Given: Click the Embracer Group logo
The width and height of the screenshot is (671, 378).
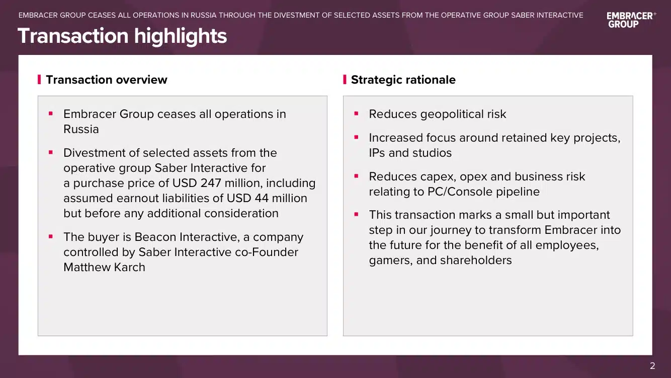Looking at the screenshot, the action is click(631, 20).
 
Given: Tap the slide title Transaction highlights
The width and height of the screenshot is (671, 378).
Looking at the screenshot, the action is click(122, 36).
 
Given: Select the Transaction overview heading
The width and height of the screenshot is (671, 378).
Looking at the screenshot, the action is click(106, 80).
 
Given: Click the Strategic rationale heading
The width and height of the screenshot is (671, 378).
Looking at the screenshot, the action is click(403, 80).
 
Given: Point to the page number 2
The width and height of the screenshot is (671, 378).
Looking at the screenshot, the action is click(652, 366).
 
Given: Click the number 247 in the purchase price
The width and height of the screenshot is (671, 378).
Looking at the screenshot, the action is click(211, 183).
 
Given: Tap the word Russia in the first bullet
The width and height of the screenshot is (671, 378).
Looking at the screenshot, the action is click(81, 129).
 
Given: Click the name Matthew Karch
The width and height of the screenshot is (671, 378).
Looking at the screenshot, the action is click(104, 267).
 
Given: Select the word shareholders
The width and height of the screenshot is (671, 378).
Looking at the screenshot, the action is click(476, 260).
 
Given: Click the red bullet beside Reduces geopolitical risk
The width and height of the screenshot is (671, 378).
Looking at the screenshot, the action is click(356, 113).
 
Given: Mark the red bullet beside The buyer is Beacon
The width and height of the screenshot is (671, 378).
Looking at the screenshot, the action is click(51, 236).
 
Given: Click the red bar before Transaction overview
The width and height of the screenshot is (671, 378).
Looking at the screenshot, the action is click(39, 80).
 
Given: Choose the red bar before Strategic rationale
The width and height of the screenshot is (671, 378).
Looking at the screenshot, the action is click(345, 80).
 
